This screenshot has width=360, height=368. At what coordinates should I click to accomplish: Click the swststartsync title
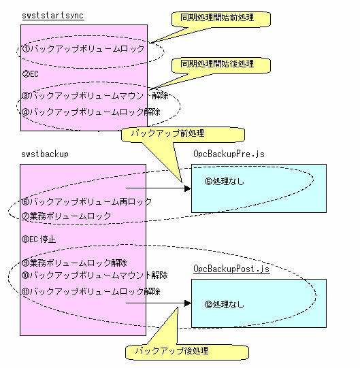(x=53, y=16)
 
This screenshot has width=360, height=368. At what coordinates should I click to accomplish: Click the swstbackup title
(x=45, y=154)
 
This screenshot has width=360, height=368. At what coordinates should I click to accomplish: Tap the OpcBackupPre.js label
(x=229, y=154)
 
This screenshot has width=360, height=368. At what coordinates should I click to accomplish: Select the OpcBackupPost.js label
(x=231, y=269)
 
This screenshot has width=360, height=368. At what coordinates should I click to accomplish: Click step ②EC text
(x=31, y=74)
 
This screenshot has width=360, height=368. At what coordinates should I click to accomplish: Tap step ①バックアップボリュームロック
(x=83, y=49)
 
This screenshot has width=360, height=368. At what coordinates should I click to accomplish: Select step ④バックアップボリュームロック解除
(x=91, y=112)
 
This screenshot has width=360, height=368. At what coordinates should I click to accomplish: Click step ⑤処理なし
(x=225, y=181)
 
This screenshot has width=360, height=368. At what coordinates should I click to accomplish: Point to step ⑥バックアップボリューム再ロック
(x=86, y=201)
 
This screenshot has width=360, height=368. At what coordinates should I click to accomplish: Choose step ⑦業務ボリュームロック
(x=66, y=216)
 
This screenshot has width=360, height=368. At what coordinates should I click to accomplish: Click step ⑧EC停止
(x=39, y=239)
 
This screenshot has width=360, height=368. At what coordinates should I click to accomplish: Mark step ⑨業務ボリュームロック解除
(x=74, y=263)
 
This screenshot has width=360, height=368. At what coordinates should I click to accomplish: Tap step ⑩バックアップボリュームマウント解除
(x=95, y=275)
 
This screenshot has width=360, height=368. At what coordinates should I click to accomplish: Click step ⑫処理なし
(x=225, y=304)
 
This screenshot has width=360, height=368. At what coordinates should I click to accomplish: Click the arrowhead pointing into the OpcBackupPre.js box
(x=187, y=188)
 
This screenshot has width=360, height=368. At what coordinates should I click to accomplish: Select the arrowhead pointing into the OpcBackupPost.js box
(x=187, y=303)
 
